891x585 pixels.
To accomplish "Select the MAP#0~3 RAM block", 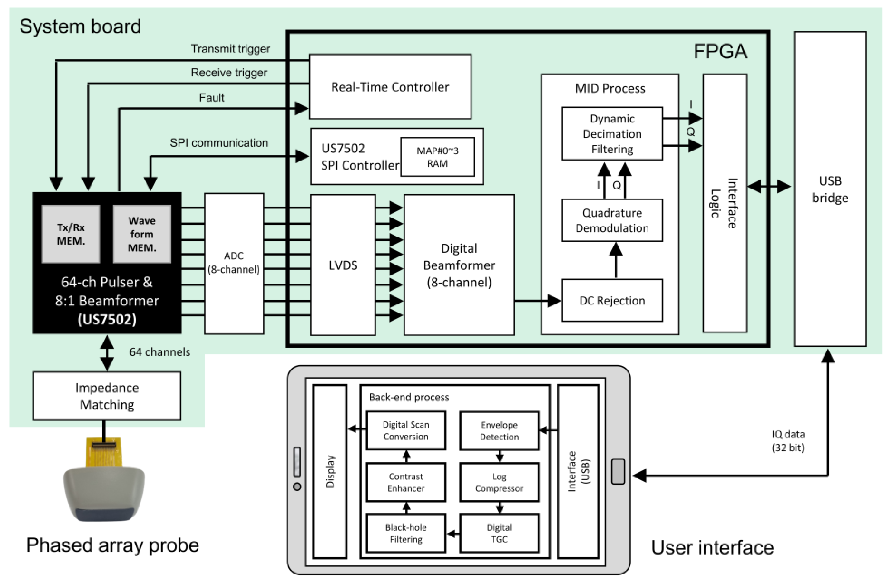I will [437, 157].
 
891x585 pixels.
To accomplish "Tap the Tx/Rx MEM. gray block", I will [71, 234].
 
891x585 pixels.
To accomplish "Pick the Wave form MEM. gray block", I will [142, 234].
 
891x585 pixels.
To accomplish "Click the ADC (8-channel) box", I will [233, 263].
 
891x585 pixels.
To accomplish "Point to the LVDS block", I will [343, 265].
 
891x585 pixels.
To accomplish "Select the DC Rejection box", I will [612, 300].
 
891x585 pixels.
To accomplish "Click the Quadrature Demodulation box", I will [612, 220].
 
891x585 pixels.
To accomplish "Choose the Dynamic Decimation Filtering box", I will [612, 134].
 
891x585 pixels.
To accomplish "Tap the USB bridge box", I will [830, 189].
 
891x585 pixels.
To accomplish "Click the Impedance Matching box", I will [107, 396].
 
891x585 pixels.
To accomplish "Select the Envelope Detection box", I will [499, 431].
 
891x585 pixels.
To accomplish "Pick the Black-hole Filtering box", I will [406, 533].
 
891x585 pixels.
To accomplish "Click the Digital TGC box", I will [499, 533].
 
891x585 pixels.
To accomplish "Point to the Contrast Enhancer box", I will [406, 482].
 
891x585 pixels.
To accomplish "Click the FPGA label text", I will [720, 51].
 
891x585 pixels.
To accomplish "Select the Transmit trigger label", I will [230, 49].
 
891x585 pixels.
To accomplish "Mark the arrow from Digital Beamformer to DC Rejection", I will [537, 300].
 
